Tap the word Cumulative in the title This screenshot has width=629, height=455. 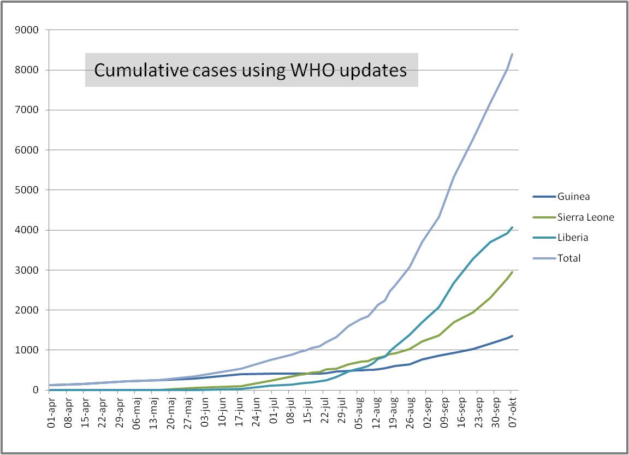tap(136, 70)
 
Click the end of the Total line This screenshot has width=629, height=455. tap(512, 54)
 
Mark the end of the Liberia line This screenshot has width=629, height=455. tap(512, 227)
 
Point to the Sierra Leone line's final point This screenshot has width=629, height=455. tap(512, 272)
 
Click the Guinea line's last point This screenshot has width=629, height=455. tap(512, 336)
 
